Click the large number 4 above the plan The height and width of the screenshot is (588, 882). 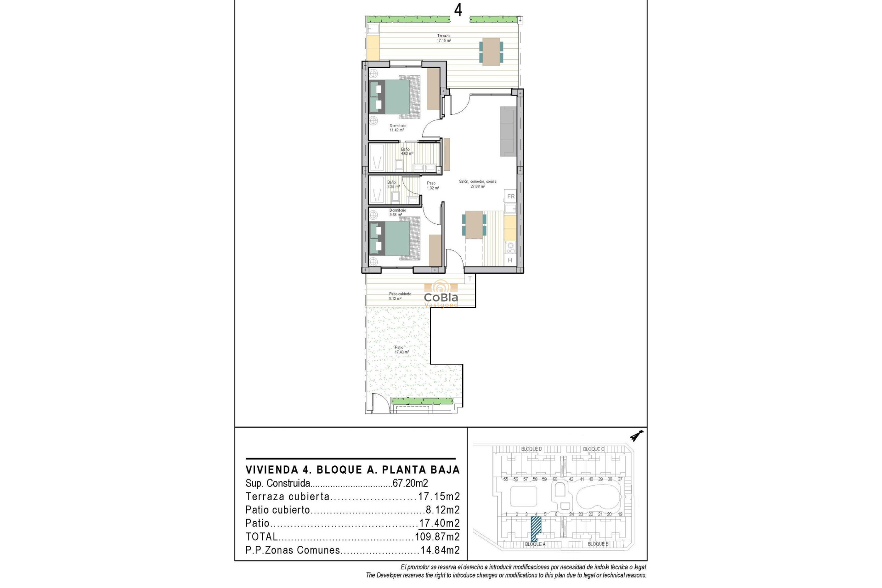[458, 10]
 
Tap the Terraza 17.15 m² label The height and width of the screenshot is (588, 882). [443, 38]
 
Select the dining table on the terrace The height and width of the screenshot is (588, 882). [491, 51]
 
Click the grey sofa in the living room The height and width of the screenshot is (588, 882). [509, 131]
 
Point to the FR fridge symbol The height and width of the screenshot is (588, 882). [511, 197]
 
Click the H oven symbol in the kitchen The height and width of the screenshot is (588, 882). [510, 260]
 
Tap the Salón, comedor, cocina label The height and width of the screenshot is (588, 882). [477, 184]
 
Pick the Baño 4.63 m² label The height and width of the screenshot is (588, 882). [407, 151]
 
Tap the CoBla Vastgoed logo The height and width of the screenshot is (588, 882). [441, 294]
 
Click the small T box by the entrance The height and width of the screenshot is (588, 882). [469, 279]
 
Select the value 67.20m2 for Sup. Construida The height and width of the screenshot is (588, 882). [410, 483]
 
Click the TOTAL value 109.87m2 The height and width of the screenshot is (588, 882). [437, 537]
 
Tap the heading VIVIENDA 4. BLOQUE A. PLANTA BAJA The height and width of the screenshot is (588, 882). [352, 470]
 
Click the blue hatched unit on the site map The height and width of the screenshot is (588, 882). [536, 528]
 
